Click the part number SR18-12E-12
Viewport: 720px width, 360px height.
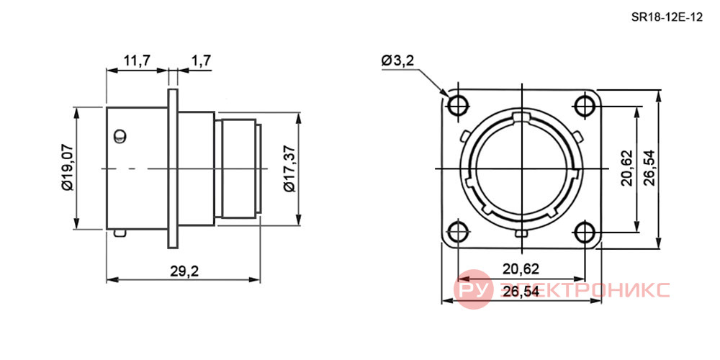(x=667, y=18)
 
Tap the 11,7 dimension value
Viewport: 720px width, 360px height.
(x=136, y=60)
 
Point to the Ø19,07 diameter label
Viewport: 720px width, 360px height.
(x=66, y=167)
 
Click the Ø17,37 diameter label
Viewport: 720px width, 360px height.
(x=289, y=168)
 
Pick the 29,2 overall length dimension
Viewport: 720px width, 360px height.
(x=184, y=271)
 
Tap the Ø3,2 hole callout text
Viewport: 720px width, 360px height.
(x=398, y=60)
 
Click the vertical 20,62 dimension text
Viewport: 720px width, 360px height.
(x=626, y=168)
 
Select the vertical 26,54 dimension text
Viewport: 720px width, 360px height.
(x=649, y=168)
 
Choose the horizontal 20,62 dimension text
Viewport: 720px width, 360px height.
(x=521, y=269)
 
